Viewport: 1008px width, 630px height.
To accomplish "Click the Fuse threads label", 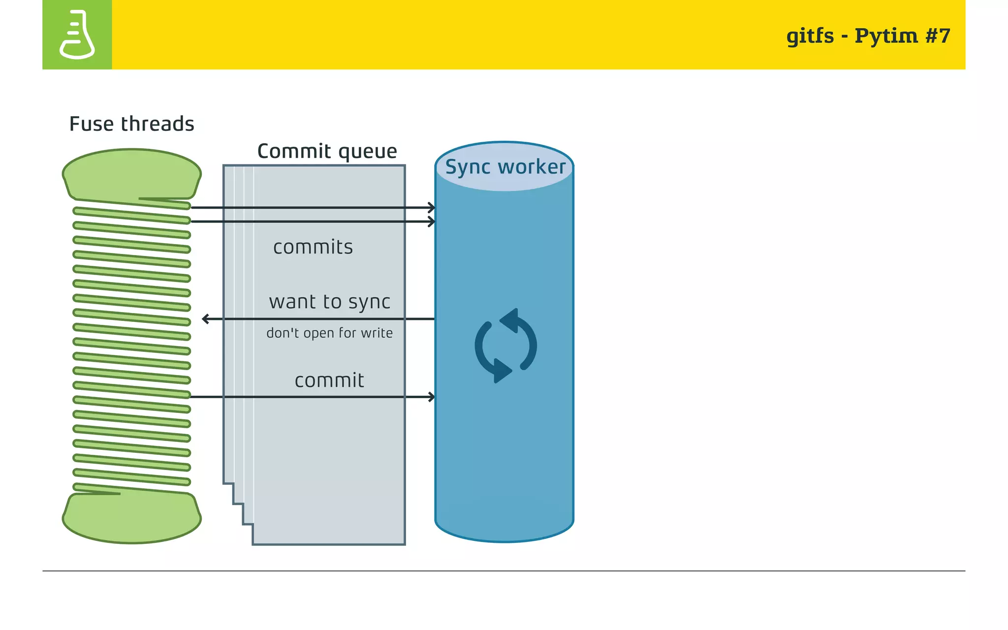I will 131,124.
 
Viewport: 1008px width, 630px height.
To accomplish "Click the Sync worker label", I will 505,167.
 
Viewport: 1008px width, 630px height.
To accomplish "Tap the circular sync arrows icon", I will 505,346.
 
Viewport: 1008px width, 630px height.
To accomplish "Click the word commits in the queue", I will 313,247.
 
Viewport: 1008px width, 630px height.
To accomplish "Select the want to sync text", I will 329,302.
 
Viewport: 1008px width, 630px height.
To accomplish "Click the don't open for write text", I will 329,333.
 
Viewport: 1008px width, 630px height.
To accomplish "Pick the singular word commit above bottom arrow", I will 329,380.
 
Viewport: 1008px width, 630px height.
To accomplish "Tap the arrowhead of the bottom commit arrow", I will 432,397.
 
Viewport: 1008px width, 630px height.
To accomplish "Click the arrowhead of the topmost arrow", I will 432,208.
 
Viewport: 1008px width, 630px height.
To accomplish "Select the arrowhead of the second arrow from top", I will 432,221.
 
